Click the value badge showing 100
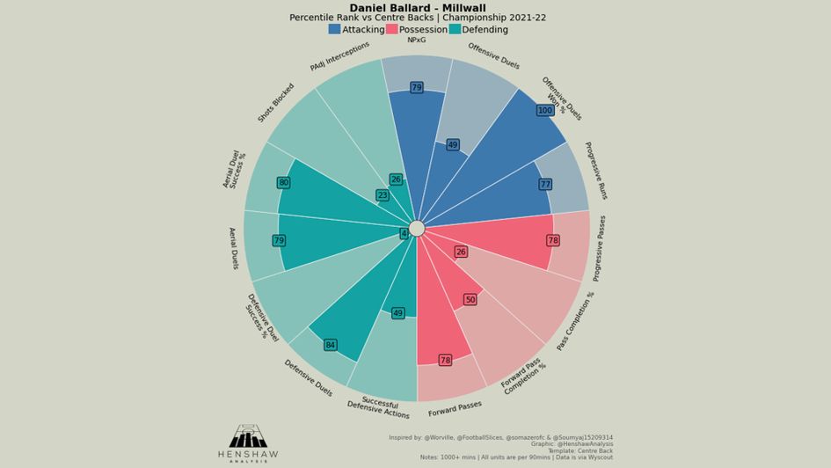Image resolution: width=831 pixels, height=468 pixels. [545, 111]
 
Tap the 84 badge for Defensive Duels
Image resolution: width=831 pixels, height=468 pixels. [331, 345]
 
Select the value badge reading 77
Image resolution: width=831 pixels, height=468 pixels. [545, 185]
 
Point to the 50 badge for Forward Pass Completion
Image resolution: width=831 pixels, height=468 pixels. [470, 300]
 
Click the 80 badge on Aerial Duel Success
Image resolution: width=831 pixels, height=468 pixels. [283, 183]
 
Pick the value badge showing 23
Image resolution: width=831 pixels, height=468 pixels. [383, 195]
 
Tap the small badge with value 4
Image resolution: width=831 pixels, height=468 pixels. [405, 234]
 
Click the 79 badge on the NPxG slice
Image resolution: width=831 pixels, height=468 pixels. [417, 88]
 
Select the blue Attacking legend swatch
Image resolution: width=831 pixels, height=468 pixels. [334, 29]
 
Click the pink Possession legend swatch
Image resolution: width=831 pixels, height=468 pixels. [391, 29]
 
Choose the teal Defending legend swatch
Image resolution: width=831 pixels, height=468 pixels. [455, 29]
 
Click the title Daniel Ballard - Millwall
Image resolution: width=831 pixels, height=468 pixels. [417, 8]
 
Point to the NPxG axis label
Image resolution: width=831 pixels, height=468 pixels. [417, 40]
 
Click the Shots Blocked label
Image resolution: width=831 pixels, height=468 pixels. [276, 103]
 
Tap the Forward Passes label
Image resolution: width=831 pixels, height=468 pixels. [455, 408]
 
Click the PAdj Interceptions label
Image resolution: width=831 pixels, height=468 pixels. [339, 56]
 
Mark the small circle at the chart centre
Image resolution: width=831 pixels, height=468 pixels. [417, 229]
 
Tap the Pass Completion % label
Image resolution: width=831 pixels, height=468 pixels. [576, 322]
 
